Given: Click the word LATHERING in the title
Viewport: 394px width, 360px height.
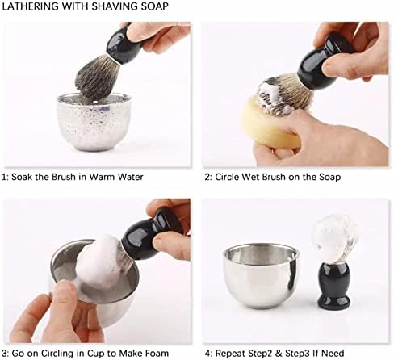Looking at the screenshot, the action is tap(31, 6).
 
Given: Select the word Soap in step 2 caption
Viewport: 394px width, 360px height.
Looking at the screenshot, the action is tap(329, 177).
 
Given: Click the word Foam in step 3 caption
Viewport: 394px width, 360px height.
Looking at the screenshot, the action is tap(157, 353).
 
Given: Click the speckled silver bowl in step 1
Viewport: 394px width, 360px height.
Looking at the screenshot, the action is tap(94, 122).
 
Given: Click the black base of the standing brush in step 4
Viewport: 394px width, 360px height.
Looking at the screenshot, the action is tap(333, 286).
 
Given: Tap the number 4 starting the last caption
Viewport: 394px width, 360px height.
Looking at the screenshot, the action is tap(207, 354).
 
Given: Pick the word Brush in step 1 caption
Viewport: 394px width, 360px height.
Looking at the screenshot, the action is tap(64, 177).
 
